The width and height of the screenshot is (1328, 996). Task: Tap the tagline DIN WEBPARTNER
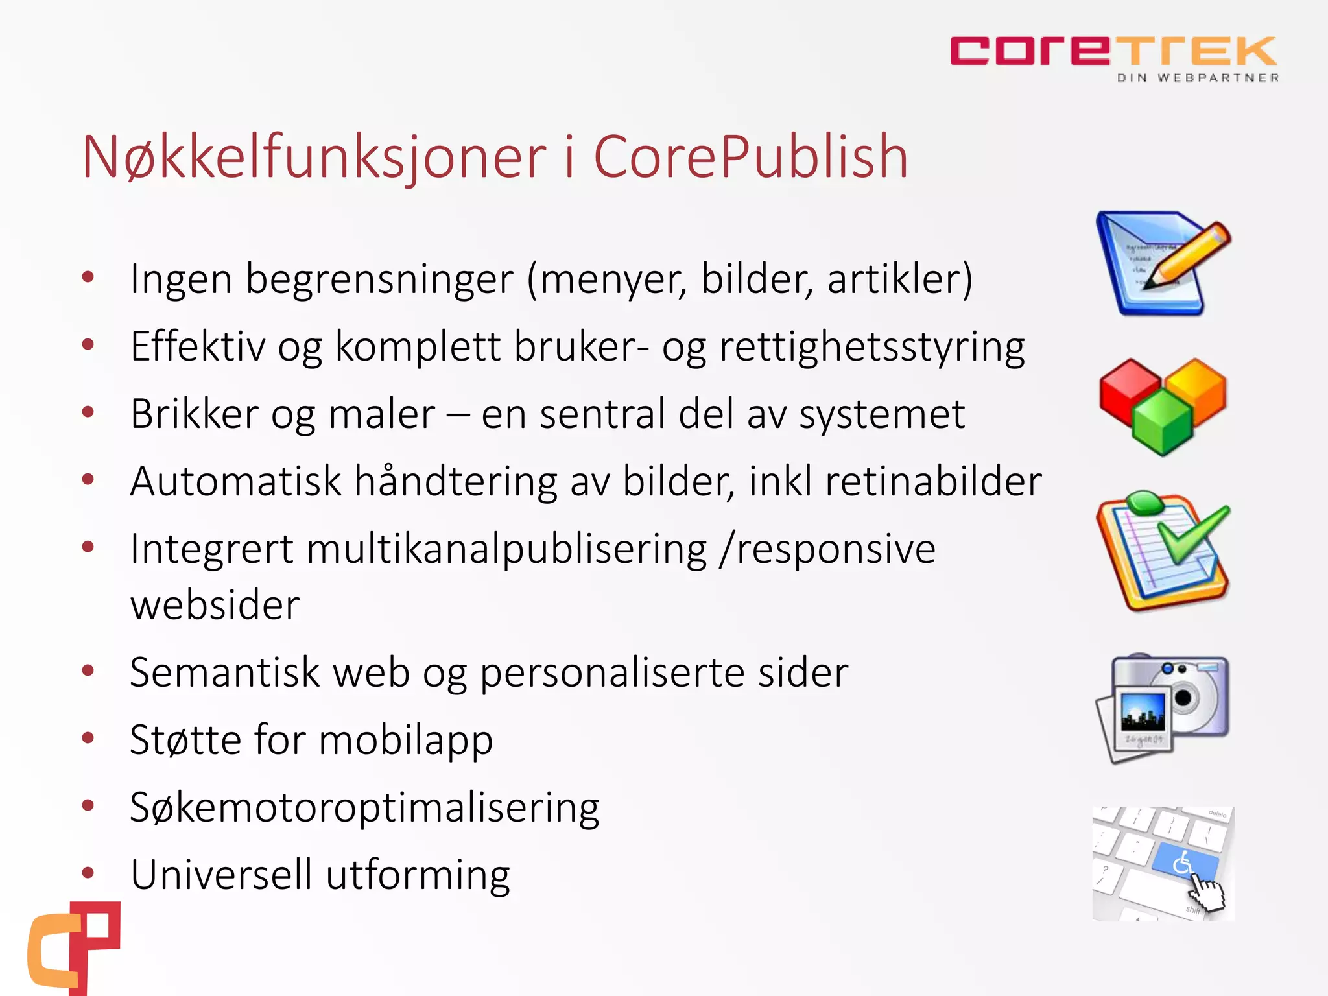click(x=1198, y=78)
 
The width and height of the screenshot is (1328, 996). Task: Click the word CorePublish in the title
click(x=750, y=157)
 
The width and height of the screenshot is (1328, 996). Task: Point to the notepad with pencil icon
click(x=1162, y=263)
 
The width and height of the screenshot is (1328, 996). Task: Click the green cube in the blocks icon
click(x=1163, y=423)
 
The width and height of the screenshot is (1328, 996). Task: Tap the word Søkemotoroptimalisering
click(x=364, y=808)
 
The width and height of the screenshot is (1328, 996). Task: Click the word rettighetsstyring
click(x=872, y=347)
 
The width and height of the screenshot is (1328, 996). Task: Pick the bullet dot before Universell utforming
click(x=88, y=873)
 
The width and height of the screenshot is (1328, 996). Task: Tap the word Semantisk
click(x=224, y=672)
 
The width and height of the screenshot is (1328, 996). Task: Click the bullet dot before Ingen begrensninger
click(x=88, y=278)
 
